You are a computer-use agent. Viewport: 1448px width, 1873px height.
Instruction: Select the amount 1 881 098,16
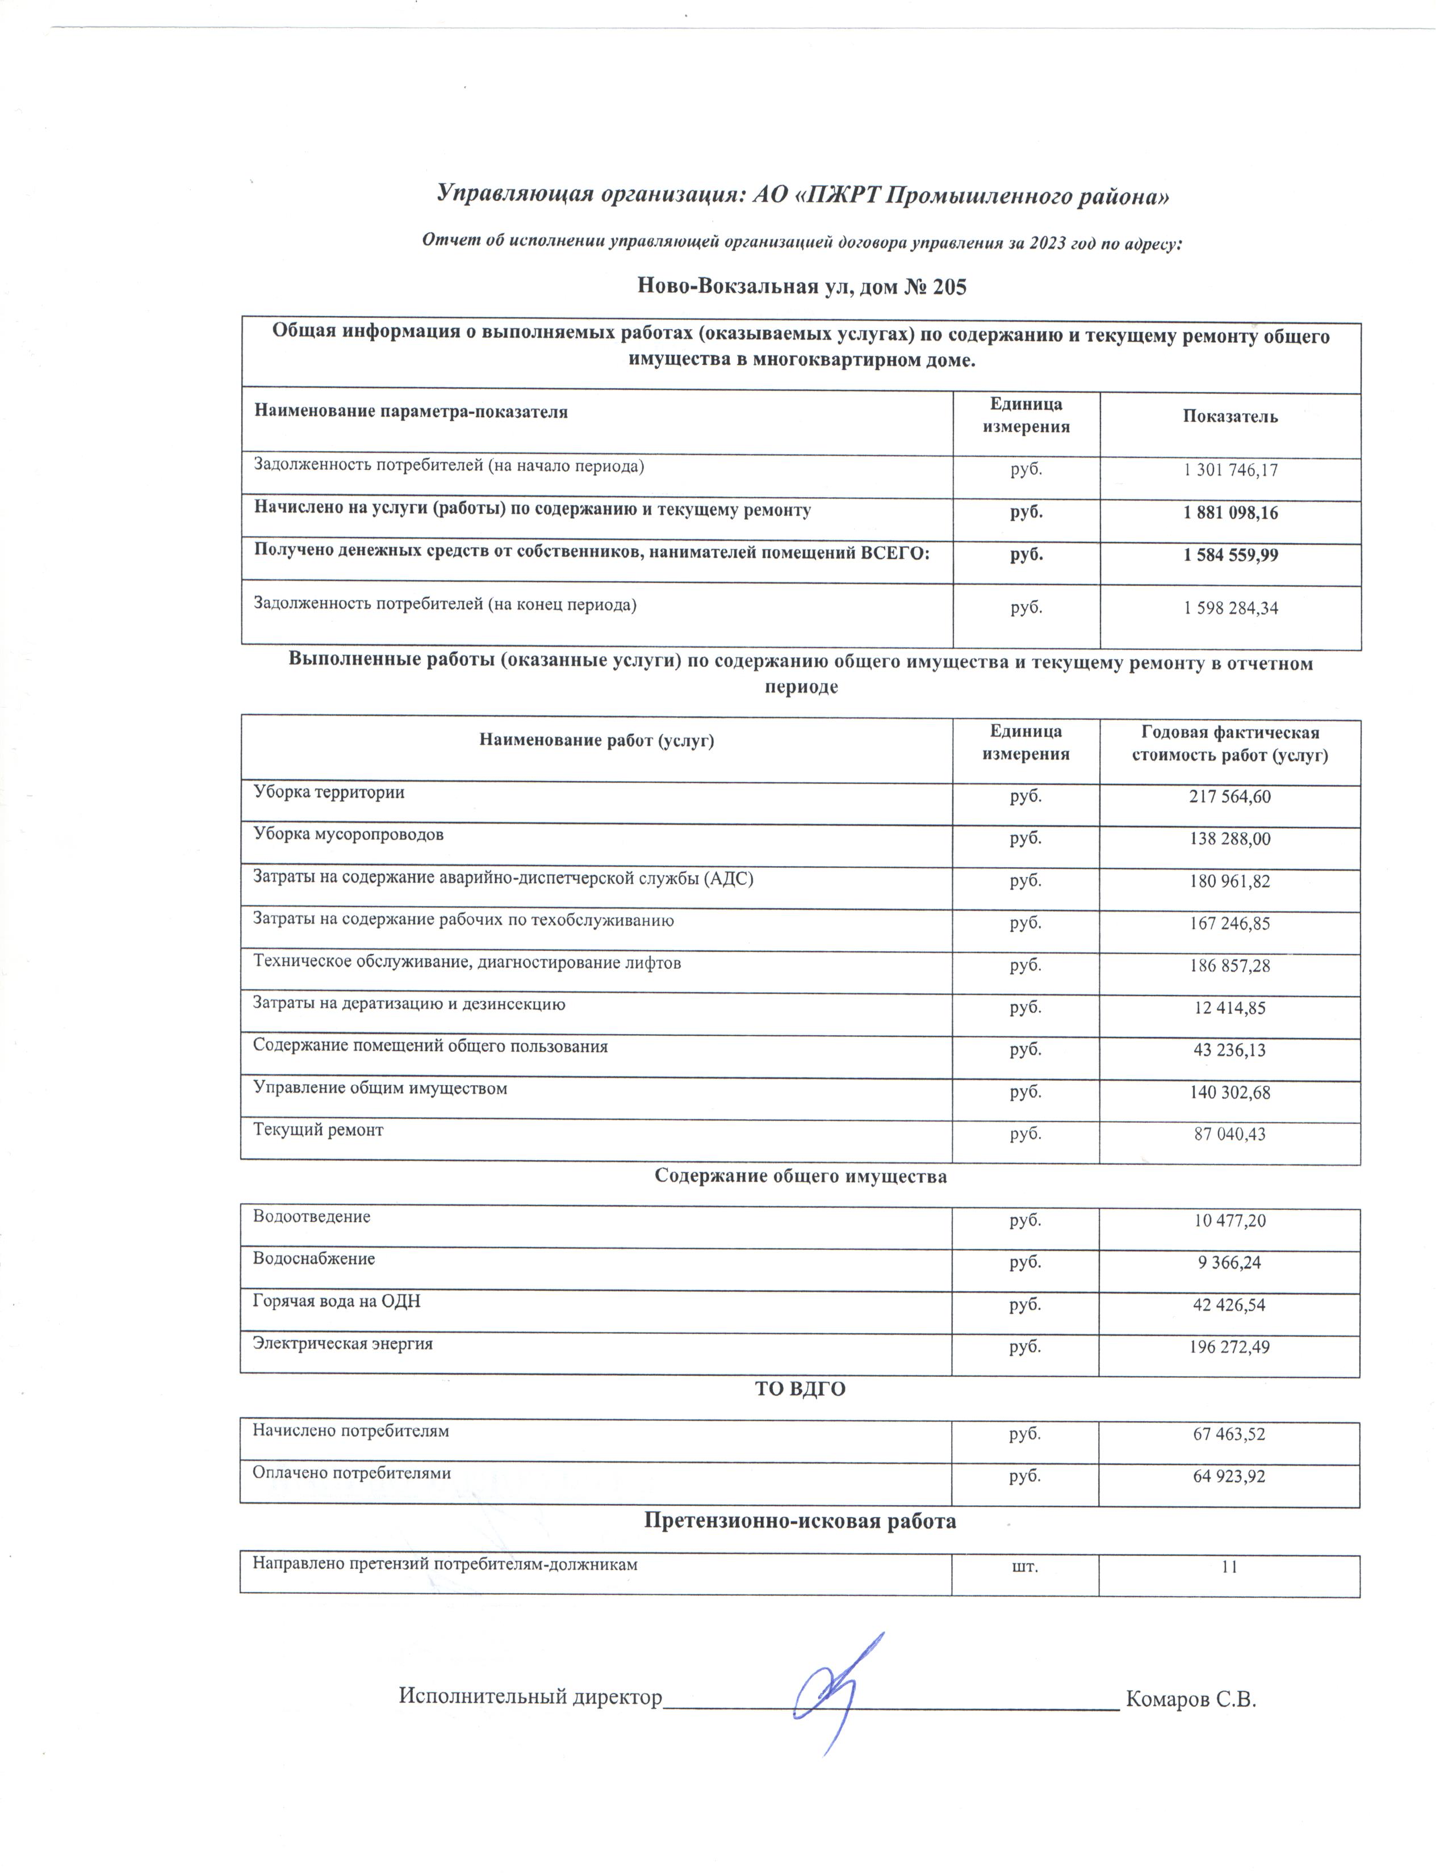[x=1230, y=513]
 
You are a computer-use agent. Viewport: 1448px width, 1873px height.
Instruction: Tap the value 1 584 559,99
[x=1230, y=555]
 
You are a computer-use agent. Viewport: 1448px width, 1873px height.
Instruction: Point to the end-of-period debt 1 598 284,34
[x=1230, y=608]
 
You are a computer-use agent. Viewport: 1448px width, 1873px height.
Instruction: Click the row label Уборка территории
[x=329, y=792]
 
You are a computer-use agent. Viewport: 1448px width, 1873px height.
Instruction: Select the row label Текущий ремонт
[x=318, y=1130]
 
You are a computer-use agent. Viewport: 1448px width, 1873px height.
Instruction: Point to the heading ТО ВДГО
[x=800, y=1388]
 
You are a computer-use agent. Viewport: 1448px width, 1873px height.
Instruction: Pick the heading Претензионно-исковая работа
[x=800, y=1521]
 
